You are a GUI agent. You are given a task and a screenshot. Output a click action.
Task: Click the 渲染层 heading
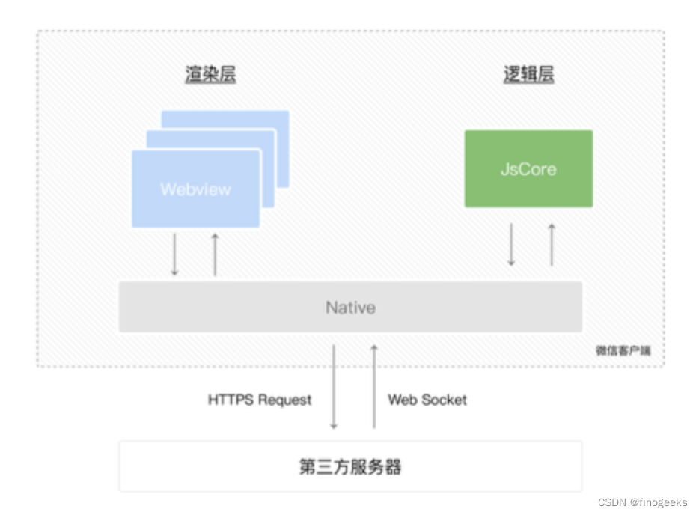point(210,75)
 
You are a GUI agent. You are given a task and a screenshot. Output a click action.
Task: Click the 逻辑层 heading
point(528,75)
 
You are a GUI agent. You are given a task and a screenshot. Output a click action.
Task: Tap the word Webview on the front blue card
point(195,189)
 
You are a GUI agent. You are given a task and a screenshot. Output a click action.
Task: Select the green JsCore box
point(528,168)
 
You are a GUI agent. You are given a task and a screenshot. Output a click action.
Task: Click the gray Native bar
point(350,307)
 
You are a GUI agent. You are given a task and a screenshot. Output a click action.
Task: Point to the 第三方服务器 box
point(350,467)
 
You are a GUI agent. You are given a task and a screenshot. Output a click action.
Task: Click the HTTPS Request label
point(259,400)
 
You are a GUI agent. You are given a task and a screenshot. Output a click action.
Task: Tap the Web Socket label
point(427,400)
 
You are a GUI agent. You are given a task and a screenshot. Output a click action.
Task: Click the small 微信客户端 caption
point(623,350)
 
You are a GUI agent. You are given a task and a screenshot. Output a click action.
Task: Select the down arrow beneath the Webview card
point(174,255)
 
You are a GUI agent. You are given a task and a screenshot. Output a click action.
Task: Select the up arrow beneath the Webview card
point(215,255)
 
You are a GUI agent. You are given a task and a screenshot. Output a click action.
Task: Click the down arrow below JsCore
point(511,244)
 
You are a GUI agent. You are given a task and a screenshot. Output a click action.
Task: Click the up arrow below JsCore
point(552,244)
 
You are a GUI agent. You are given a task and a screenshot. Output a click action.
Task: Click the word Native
point(350,307)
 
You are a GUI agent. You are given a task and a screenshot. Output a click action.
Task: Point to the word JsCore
point(528,169)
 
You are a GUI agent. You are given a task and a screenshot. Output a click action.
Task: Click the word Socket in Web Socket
point(444,400)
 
